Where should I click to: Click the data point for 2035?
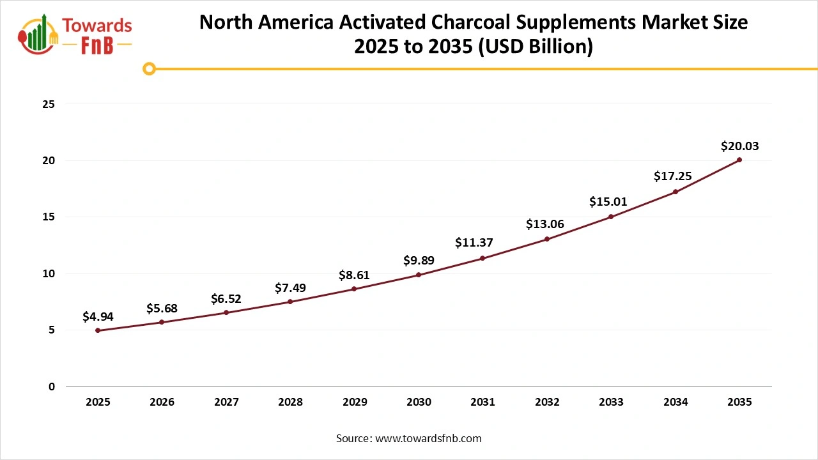click(739, 160)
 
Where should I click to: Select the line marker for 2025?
click(98, 330)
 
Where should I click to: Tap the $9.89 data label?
click(419, 261)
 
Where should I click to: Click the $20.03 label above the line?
click(739, 146)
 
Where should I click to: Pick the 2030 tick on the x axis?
click(419, 402)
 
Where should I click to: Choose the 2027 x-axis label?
click(226, 402)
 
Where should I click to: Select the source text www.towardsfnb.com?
click(428, 438)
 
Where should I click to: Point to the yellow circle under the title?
click(149, 68)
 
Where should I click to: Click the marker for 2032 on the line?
click(547, 239)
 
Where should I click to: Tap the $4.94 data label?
click(98, 316)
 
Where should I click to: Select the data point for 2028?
click(290, 302)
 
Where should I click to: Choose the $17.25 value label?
click(672, 176)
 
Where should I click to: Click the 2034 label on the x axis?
click(675, 402)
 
